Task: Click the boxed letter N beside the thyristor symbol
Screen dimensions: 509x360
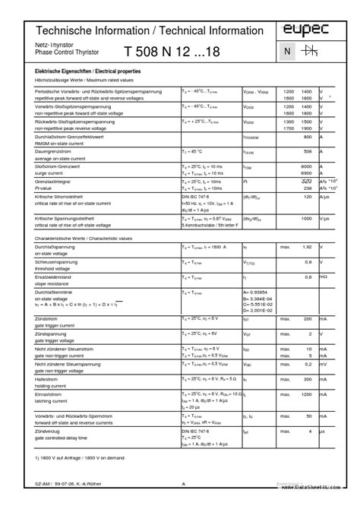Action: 287,51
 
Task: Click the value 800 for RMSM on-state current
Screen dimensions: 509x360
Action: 308,137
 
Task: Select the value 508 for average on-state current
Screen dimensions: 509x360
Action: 308,151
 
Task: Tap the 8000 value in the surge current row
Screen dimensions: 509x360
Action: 307,166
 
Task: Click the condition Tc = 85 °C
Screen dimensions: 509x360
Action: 194,151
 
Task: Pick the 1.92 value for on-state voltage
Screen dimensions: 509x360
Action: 308,246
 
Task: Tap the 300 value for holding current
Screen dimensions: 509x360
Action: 308,378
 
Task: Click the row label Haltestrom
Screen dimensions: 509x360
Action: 47,378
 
